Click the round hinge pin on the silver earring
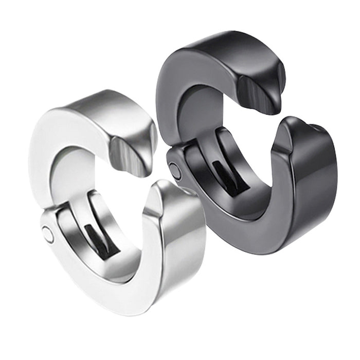coord(48,235)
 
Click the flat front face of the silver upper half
coord(49,149)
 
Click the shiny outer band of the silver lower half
coord(180,242)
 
